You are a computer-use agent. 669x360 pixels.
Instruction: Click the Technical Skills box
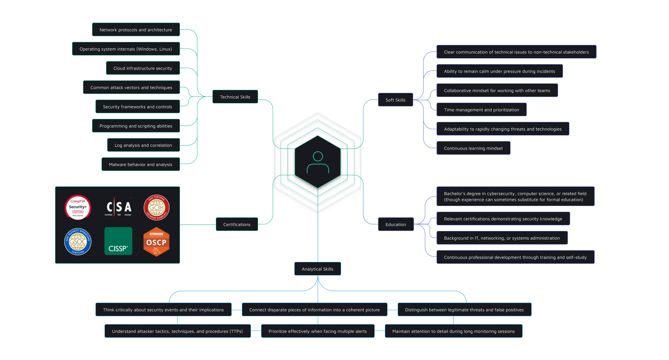point(235,97)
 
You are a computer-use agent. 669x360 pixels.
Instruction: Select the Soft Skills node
point(395,100)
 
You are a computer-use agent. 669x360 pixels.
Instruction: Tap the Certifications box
point(237,225)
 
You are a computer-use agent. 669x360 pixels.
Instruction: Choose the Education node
point(396,225)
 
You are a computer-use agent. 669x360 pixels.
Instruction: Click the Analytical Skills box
point(317,269)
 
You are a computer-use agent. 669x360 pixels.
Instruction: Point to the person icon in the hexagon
point(318,162)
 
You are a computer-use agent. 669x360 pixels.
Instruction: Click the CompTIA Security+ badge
point(78,207)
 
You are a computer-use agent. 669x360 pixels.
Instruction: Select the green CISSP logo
point(118,241)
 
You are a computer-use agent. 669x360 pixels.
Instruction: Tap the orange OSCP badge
point(157,242)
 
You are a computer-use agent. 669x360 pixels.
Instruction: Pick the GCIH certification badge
point(157,208)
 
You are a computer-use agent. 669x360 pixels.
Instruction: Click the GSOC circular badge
point(78,242)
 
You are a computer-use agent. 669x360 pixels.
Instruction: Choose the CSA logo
point(118,207)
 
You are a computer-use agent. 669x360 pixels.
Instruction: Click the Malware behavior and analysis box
point(140,165)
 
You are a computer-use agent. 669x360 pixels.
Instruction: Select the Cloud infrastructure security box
point(143,68)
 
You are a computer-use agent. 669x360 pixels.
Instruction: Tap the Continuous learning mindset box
point(473,148)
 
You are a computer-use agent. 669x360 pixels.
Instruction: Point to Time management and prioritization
point(481,110)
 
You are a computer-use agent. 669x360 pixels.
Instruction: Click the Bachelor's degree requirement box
point(515,197)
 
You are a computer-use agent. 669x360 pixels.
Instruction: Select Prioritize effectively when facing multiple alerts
point(318,331)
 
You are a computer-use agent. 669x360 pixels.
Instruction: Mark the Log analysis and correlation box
point(143,145)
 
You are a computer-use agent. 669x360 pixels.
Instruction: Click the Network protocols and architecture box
point(136,30)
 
